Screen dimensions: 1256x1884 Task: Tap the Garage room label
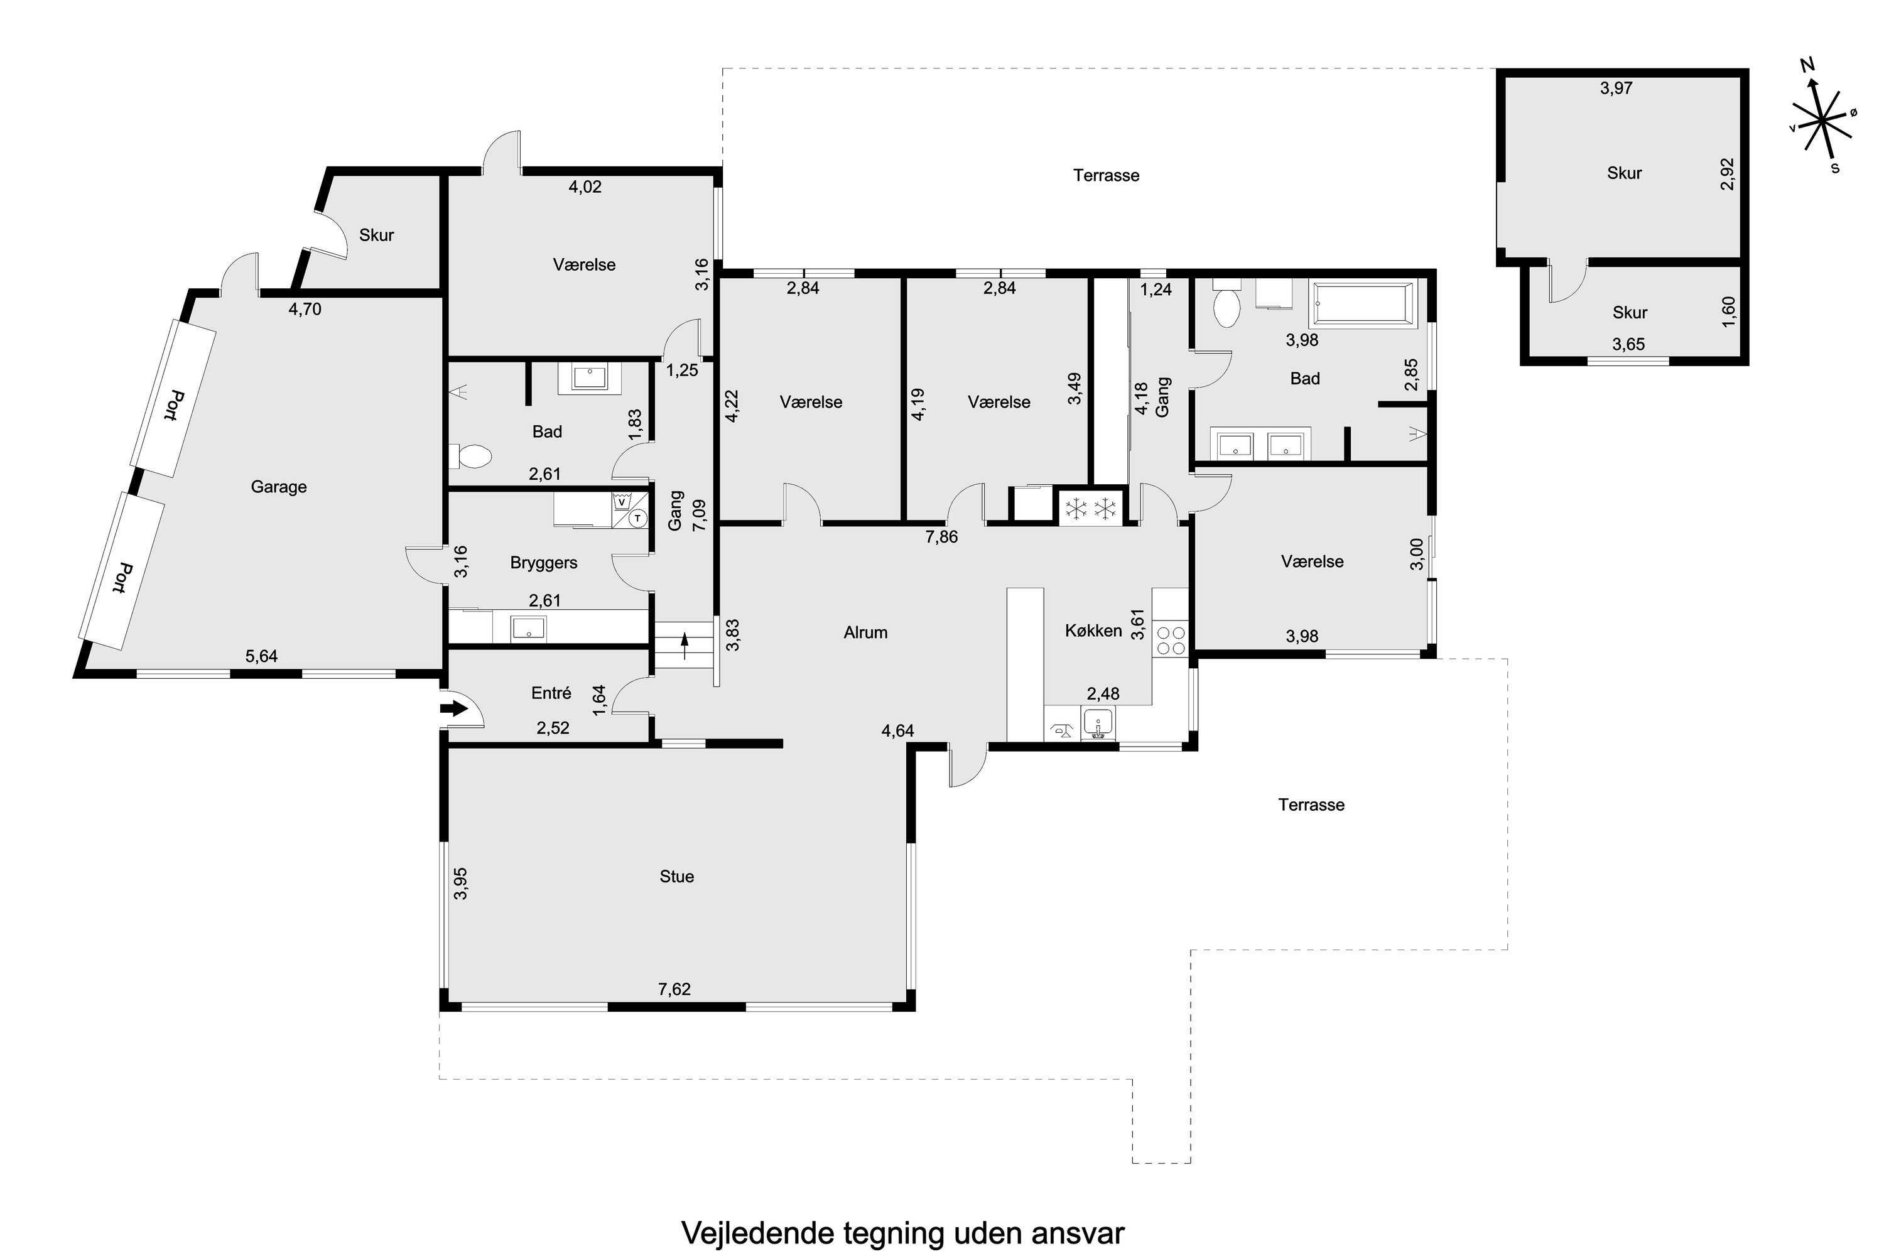pyautogui.click(x=279, y=487)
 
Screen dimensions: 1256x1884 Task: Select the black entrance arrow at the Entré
pyautogui.click(x=454, y=709)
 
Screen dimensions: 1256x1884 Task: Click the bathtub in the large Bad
pyautogui.click(x=1363, y=305)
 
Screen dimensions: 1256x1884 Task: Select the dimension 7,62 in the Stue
pyautogui.click(x=674, y=989)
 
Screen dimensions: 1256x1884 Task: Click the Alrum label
pyautogui.click(x=866, y=633)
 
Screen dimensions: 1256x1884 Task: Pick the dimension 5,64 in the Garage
pyautogui.click(x=261, y=657)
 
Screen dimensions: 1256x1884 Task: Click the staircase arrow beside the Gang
pyautogui.click(x=685, y=645)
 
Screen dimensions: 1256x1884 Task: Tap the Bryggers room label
pyautogui.click(x=544, y=563)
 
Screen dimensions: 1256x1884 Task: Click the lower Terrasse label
pyautogui.click(x=1311, y=805)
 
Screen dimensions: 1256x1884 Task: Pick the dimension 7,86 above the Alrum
pyautogui.click(x=941, y=538)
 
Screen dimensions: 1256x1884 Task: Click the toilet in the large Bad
pyautogui.click(x=1226, y=308)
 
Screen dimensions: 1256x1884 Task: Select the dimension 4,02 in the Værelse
pyautogui.click(x=585, y=187)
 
